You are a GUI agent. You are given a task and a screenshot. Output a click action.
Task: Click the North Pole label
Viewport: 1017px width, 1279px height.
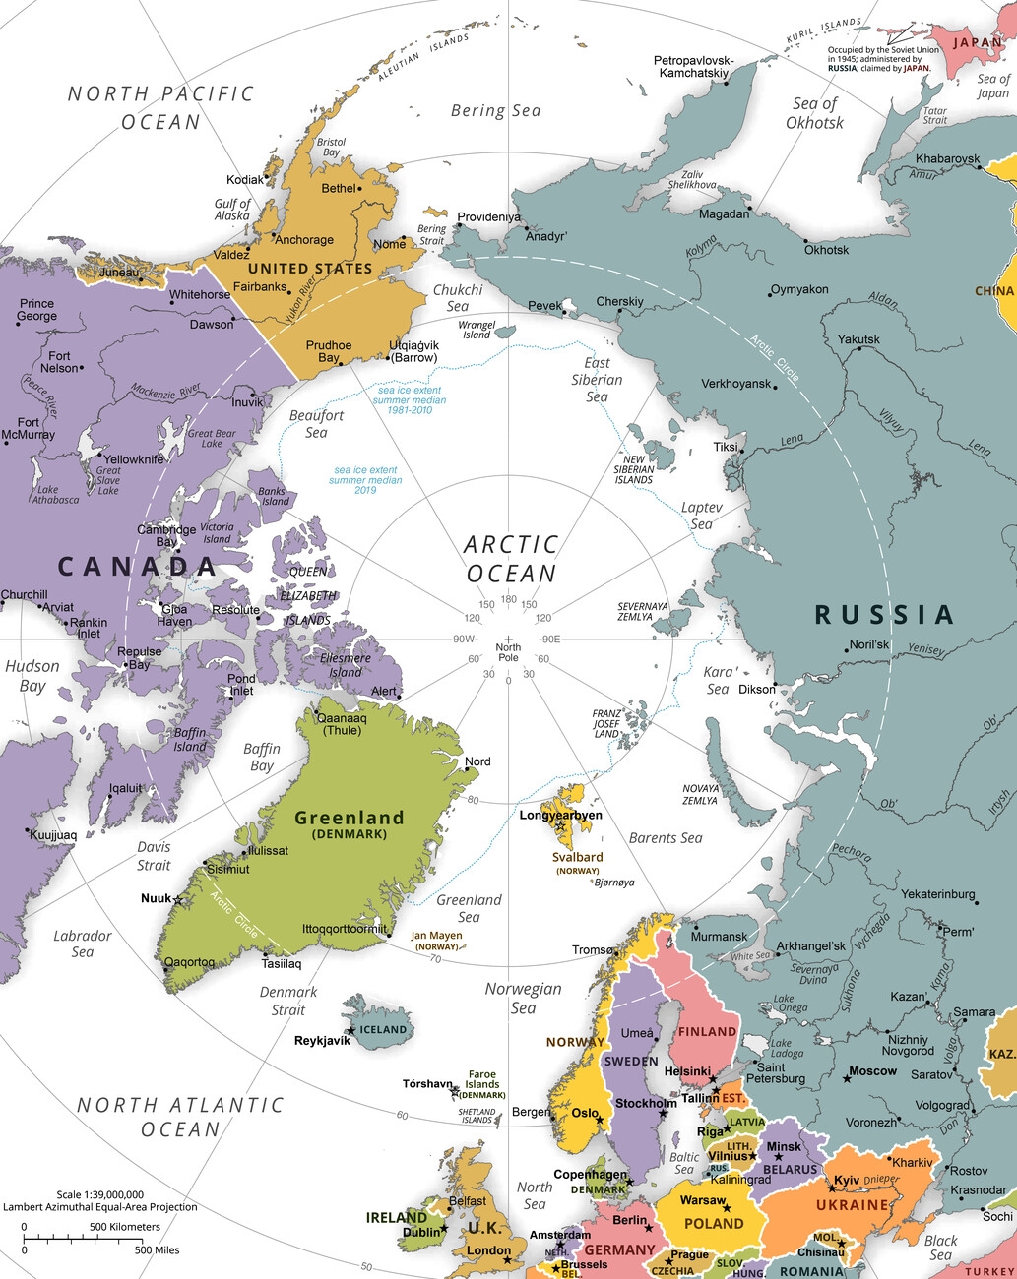[508, 652]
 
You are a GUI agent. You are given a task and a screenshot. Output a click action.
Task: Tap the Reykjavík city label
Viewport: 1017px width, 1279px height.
[322, 1040]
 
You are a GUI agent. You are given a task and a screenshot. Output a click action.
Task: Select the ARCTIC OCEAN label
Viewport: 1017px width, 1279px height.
[511, 559]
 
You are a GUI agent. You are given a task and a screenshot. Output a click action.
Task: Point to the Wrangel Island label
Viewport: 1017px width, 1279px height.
[477, 330]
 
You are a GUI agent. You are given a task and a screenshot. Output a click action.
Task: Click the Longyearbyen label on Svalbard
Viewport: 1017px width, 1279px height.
[560, 815]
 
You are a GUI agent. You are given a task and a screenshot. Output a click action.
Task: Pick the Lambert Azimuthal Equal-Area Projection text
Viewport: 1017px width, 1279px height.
[99, 1207]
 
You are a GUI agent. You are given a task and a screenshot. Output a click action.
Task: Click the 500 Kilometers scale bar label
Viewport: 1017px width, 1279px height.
[125, 1227]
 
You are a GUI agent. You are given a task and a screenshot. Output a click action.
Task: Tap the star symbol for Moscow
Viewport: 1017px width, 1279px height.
[847, 1079]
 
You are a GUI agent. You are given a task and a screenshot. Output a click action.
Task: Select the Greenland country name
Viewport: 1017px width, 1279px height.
[350, 818]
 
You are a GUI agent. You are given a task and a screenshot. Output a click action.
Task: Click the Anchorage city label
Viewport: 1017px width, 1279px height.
[304, 240]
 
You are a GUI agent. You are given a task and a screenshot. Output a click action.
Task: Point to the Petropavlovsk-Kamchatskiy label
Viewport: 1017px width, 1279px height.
[694, 67]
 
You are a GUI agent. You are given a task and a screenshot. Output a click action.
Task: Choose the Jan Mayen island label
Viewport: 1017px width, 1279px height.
[436, 936]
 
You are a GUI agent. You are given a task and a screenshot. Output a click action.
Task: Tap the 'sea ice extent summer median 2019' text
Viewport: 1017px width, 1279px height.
[365, 480]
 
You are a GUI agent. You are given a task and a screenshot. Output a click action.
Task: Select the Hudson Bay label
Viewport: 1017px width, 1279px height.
[32, 676]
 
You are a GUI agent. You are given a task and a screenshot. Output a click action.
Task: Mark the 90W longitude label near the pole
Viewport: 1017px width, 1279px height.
[464, 639]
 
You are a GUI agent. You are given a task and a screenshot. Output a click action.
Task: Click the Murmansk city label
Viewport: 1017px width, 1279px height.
[719, 937]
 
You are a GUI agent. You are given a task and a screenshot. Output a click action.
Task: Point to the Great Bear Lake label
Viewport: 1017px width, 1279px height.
[212, 438]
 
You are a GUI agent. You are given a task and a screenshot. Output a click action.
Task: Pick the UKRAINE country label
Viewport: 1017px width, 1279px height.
[852, 1205]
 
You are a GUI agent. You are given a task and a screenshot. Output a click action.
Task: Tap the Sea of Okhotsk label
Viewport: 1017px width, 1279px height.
[814, 113]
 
